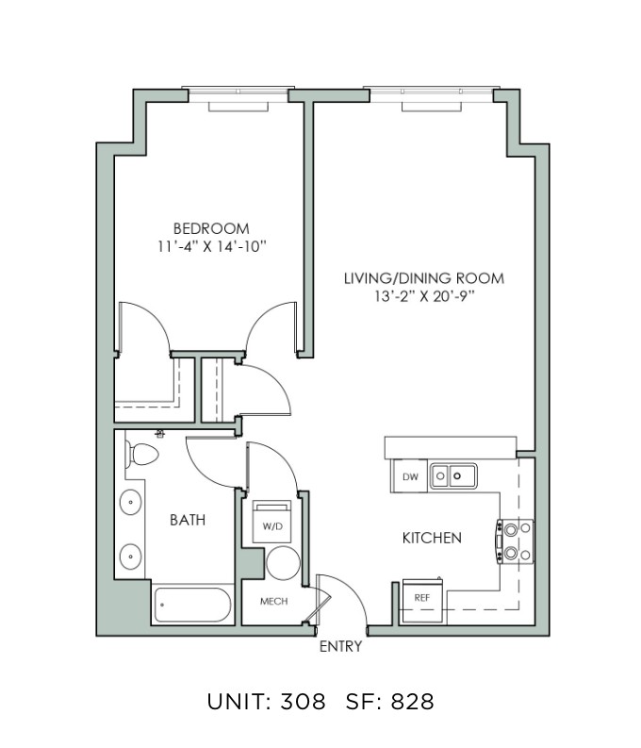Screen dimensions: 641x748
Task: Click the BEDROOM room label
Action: pos(211,228)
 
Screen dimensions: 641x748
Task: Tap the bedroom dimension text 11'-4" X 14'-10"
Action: pos(211,246)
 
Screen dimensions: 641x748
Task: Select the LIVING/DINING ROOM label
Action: pos(424,278)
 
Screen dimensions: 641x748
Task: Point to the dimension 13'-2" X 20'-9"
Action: pos(424,297)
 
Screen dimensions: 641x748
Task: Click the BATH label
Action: pos(188,520)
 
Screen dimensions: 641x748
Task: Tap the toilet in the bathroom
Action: pos(141,454)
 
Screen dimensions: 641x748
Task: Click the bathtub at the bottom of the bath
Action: pos(193,605)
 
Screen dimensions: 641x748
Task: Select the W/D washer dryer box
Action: pos(271,522)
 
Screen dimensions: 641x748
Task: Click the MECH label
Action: pos(274,602)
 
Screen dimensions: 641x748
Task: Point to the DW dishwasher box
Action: pos(409,476)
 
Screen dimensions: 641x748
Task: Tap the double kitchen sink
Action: pos(453,476)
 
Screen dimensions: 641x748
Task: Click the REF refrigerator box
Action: pos(422,600)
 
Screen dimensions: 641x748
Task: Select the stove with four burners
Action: pos(516,541)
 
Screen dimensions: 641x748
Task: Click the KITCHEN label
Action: pos(433,538)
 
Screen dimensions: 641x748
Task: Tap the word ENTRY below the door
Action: pos(340,646)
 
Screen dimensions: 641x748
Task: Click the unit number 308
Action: pos(304,702)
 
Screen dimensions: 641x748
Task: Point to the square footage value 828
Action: pos(413,702)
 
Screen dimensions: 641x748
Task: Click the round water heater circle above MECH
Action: pos(283,563)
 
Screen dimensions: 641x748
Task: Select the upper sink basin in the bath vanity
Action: pos(130,502)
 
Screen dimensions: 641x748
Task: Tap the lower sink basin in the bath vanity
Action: pos(130,556)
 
